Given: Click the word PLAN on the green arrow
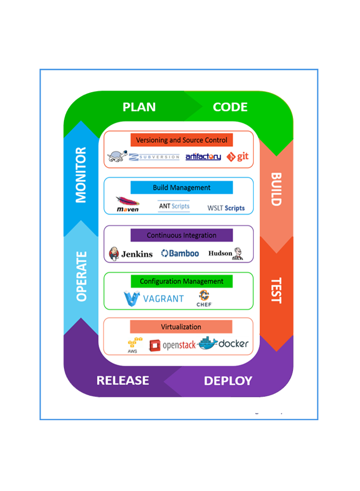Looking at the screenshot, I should click(139, 107).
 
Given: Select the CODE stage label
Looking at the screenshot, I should click(230, 107).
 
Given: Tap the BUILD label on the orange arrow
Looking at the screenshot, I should click(276, 189).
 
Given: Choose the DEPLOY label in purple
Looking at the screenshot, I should click(228, 381).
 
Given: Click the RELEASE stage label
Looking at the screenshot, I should click(123, 381).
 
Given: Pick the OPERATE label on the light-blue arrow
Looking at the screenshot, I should click(81, 276).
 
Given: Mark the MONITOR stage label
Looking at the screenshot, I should click(81, 175).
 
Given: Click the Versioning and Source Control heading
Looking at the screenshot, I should click(182, 140).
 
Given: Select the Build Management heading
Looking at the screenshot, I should click(182, 187).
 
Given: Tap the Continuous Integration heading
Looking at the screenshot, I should click(182, 235).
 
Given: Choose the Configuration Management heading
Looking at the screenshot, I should click(182, 281).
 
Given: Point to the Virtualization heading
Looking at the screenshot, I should click(181, 327).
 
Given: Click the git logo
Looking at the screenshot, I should click(238, 156).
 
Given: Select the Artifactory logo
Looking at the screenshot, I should click(203, 156).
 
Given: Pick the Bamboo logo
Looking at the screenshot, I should click(180, 253).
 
